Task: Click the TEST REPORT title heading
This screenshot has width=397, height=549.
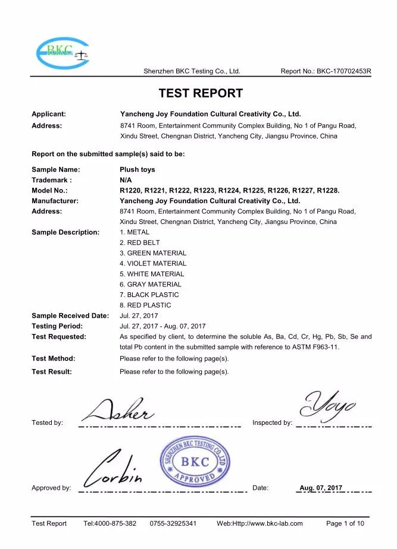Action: [200, 93]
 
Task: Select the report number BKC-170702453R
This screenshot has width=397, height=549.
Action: [344, 71]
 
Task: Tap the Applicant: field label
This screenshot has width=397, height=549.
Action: [48, 113]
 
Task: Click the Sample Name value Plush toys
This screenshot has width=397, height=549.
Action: [137, 170]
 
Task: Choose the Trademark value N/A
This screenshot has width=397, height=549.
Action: [126, 180]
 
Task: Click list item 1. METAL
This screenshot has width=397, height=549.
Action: [135, 232]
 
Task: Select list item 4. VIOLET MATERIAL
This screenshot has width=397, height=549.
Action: [153, 263]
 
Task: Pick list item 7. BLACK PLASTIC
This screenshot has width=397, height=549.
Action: [149, 295]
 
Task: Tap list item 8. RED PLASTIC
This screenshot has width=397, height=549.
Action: [145, 305]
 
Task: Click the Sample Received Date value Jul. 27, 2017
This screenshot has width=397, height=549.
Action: [139, 315]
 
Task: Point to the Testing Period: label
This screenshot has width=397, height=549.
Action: [57, 326]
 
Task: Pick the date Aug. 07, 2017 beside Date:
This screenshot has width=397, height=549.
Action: [321, 488]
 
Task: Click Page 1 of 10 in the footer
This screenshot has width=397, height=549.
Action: [345, 523]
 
